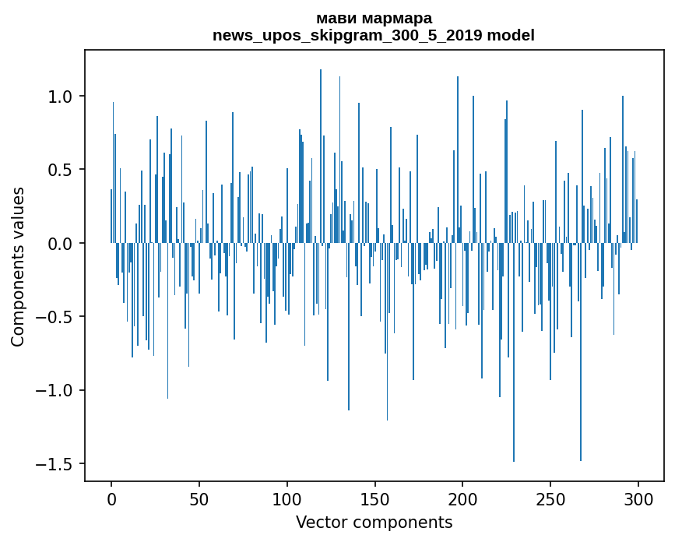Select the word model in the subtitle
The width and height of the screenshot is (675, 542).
[511, 36]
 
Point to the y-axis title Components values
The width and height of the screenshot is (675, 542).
[18, 266]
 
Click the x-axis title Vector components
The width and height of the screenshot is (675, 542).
[374, 522]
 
